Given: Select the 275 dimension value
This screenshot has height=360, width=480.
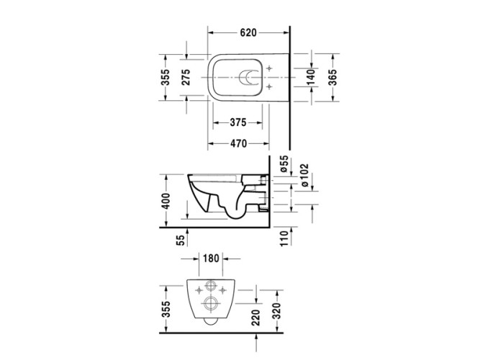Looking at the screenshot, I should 185,78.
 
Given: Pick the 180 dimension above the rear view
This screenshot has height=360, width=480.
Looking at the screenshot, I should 211,258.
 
